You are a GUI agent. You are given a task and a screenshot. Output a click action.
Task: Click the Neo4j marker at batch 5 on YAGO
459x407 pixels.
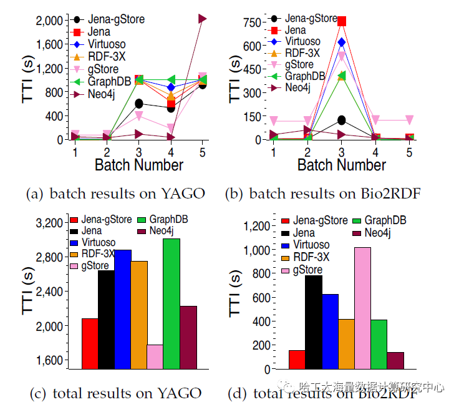point(202,19)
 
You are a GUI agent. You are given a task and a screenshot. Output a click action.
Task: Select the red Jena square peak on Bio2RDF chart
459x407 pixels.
point(342,21)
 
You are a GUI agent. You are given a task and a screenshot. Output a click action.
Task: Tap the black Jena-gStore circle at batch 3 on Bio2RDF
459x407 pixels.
point(342,120)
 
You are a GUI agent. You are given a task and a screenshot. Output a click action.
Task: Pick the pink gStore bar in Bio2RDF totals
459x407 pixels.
point(362,308)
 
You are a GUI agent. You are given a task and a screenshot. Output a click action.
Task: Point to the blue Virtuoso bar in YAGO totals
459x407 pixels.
point(122,309)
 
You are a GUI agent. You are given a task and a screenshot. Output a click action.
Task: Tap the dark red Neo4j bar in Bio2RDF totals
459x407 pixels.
point(395,360)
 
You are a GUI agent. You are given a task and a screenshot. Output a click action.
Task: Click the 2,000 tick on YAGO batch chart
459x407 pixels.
point(47,21)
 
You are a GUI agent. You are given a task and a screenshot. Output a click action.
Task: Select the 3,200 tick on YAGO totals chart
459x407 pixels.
point(47,223)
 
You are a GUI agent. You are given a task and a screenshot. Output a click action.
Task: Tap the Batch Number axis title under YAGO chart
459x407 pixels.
point(138,165)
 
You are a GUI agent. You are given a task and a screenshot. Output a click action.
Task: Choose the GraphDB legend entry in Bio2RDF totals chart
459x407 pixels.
point(384,220)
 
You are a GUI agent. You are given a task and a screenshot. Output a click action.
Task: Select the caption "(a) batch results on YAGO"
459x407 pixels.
point(115,194)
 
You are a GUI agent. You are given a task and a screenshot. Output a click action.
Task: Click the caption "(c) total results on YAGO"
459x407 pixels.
point(115,393)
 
